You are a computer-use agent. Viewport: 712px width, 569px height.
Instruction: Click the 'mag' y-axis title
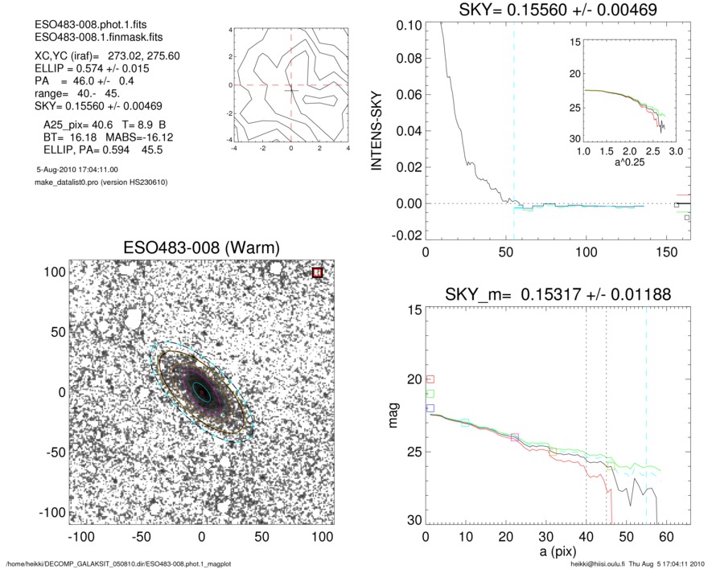tap(394, 415)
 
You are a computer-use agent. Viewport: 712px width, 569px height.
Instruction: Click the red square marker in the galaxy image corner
tap(317, 272)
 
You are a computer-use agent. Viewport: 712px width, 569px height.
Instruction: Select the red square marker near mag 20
tap(430, 379)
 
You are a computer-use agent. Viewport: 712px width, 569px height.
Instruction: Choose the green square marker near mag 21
tap(430, 394)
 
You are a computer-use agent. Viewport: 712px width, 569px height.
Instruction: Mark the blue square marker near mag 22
tap(430, 408)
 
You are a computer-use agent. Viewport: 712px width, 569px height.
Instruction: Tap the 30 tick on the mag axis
tap(413, 520)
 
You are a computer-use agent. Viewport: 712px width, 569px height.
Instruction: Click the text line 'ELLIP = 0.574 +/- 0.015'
tap(80, 70)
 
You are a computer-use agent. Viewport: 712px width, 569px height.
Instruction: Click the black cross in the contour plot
tap(290, 90)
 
